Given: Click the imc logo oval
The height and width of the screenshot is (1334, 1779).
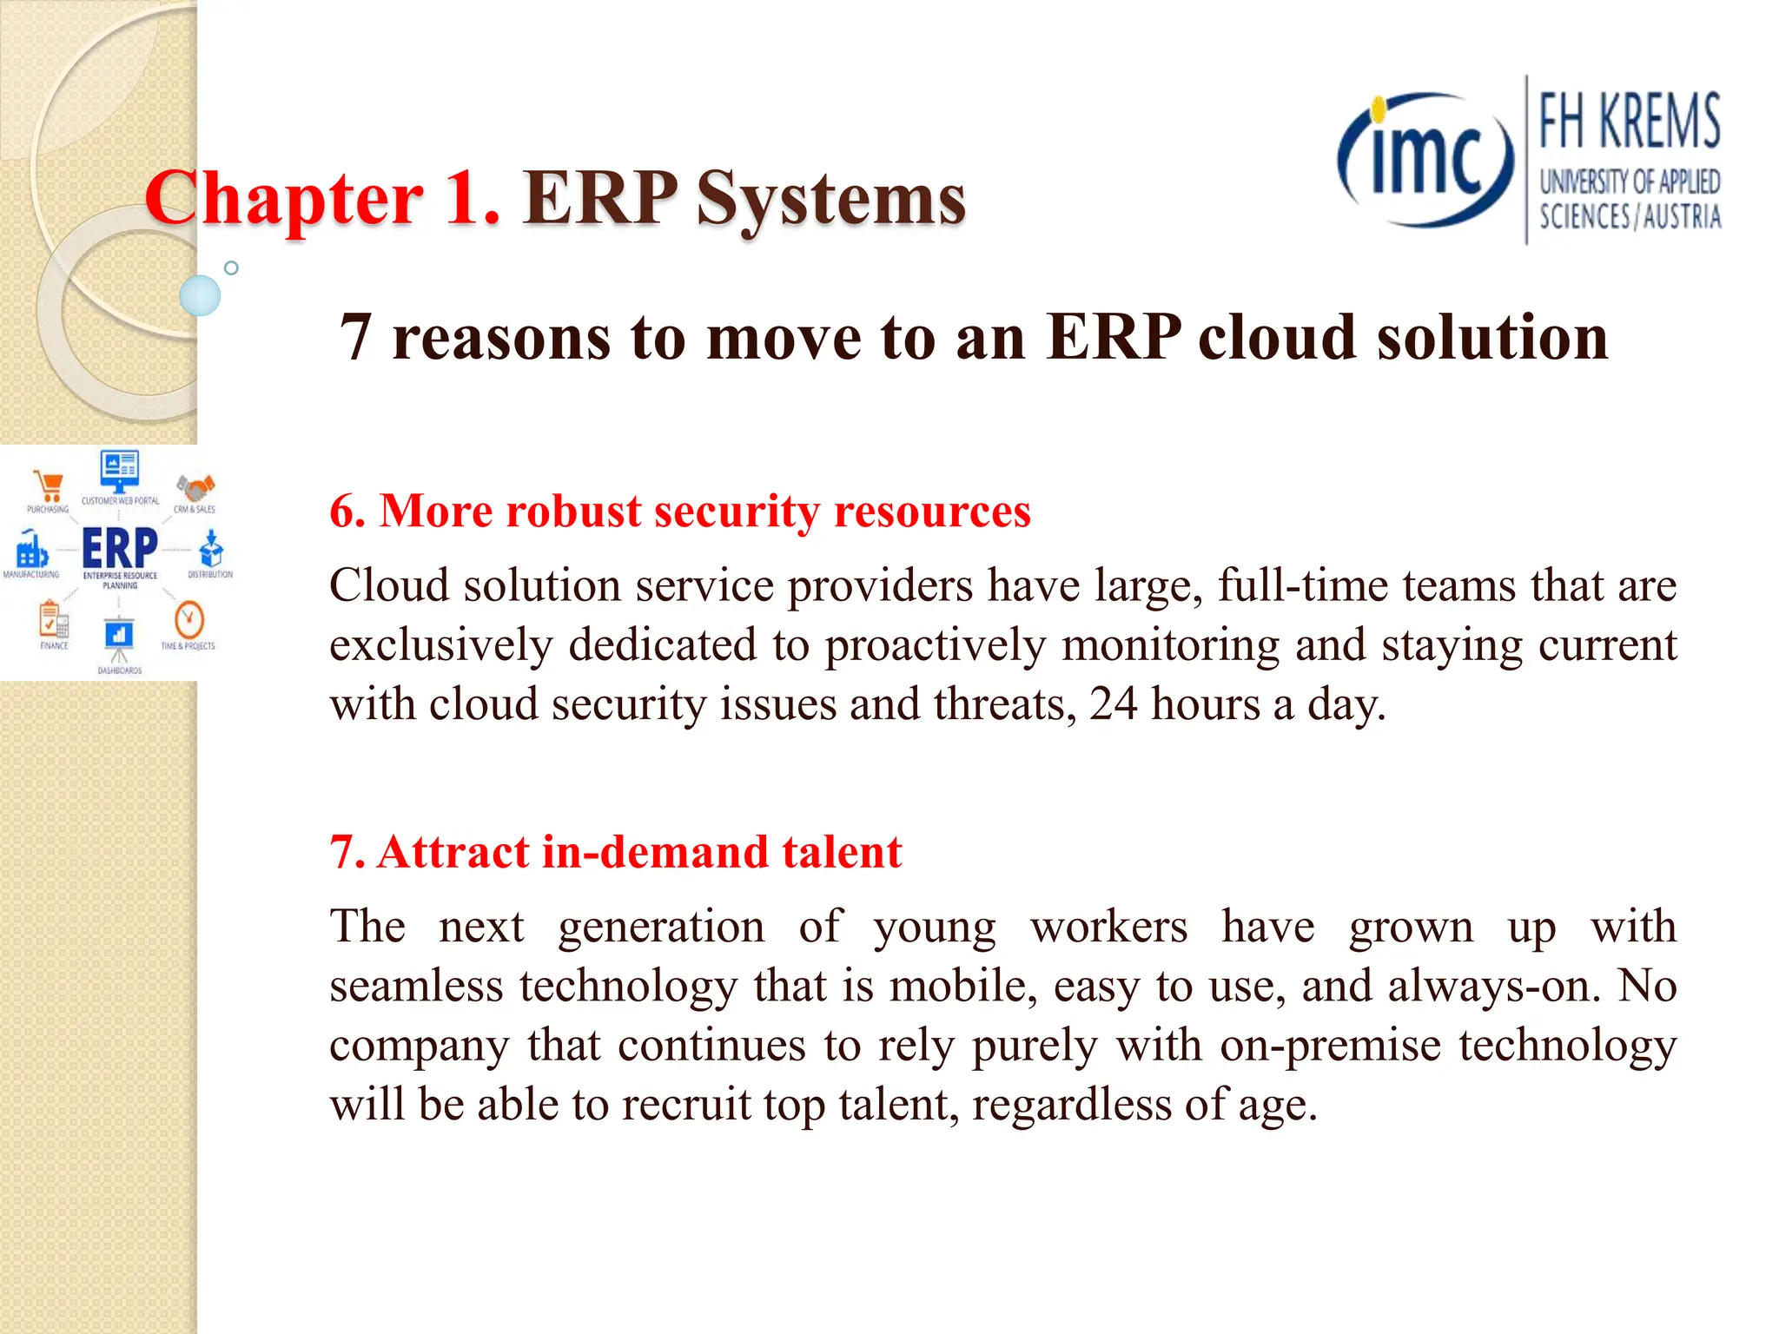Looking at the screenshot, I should coord(1425,161).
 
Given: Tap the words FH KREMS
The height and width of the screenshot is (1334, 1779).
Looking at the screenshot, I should coord(1629,122).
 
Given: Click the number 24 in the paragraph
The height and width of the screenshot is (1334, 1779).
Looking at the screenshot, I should coord(1113,703).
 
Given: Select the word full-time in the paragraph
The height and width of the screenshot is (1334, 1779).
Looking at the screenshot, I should coord(1303,585).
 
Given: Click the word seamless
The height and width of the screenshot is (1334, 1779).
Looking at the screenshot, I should coord(416,986).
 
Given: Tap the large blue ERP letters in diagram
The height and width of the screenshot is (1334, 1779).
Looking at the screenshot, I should coord(120,548).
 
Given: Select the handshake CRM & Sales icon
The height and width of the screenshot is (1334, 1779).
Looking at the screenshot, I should coord(195,487).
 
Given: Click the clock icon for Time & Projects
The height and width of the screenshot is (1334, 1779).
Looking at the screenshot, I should coord(188,620).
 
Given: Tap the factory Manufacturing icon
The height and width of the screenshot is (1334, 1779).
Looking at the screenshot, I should coord(31,550).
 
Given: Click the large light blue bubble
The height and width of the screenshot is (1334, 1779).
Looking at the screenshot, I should coord(200,295).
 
